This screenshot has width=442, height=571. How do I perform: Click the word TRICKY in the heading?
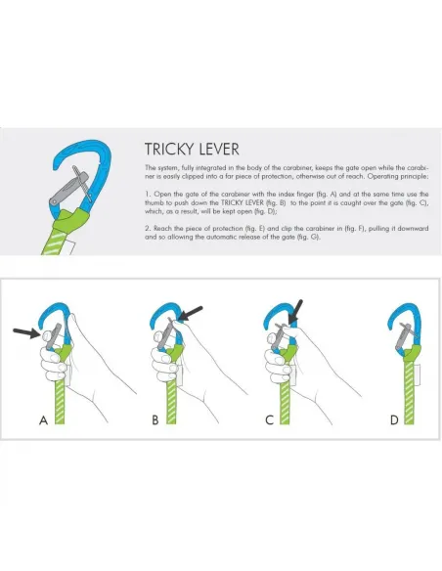[x=169, y=150]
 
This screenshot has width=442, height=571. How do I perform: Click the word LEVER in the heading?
[x=219, y=150]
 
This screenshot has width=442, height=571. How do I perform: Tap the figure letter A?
[x=43, y=420]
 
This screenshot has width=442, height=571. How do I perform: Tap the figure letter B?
[x=155, y=420]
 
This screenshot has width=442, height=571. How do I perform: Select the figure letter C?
[x=270, y=420]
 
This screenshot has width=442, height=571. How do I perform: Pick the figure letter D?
[x=394, y=420]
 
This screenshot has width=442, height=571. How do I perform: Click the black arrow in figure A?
[x=27, y=332]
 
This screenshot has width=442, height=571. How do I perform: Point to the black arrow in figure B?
[x=191, y=314]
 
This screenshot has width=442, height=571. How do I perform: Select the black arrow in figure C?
[x=295, y=312]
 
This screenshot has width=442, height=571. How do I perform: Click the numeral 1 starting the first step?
[x=147, y=195]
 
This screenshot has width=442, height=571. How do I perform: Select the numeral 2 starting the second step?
[x=147, y=229]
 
